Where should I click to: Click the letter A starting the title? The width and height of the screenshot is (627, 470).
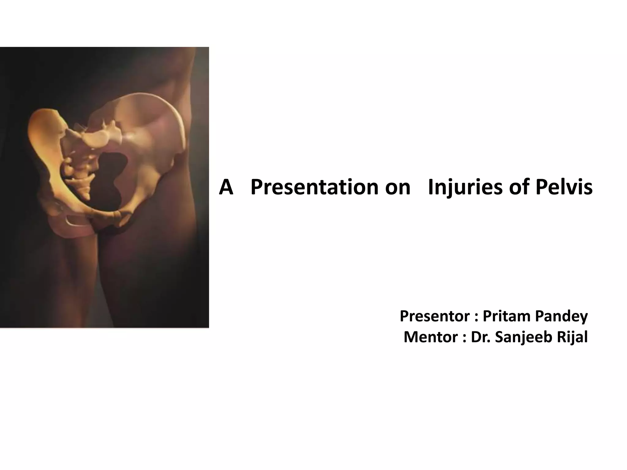click(x=226, y=187)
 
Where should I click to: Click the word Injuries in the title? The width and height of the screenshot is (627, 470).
click(x=465, y=187)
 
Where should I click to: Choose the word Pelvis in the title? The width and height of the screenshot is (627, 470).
click(x=564, y=187)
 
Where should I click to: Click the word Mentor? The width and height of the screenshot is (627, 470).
click(x=430, y=337)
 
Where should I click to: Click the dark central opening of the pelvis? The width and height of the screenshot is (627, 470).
click(x=112, y=177)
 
